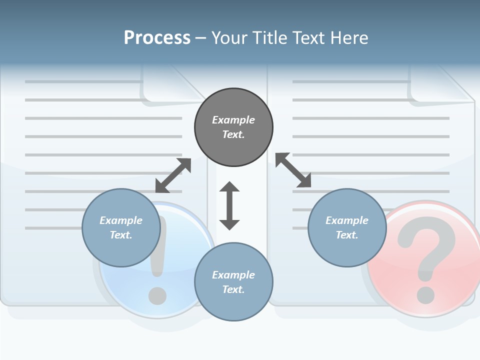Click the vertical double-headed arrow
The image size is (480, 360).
tap(229, 205)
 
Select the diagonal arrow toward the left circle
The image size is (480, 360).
tap(173, 175)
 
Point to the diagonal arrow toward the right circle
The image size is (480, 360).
tap(293, 170)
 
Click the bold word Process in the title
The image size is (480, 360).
tap(157, 37)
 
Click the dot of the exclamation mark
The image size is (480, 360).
tap(158, 295)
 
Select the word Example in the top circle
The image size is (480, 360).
tap(233, 120)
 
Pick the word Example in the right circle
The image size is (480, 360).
tap(347, 220)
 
